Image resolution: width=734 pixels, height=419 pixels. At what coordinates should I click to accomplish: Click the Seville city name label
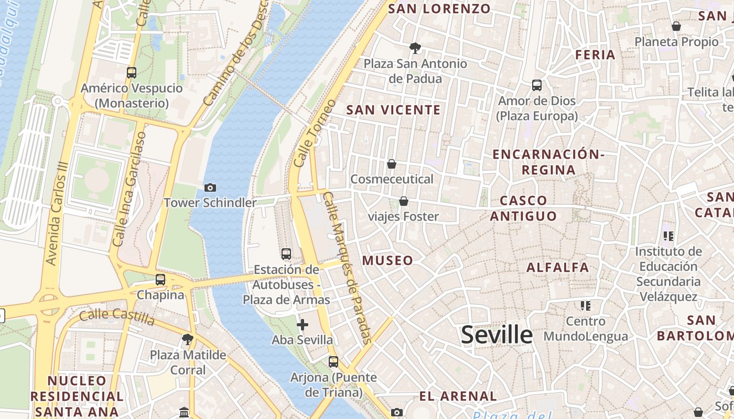pyautogui.click(x=496, y=335)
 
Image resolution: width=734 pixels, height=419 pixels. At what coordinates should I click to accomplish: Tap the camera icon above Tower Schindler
pyautogui.click(x=210, y=188)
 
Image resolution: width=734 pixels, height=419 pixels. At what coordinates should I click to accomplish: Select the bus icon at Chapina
pyautogui.click(x=160, y=280)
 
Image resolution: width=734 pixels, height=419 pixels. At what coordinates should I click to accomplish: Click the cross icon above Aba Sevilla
pyautogui.click(x=302, y=325)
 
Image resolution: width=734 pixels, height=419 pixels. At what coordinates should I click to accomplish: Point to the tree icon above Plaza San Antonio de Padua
pyautogui.click(x=415, y=48)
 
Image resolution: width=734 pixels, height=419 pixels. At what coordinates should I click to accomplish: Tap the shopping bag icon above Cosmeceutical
pyautogui.click(x=392, y=164)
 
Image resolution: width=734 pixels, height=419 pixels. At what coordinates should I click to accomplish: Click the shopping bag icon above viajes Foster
pyautogui.click(x=404, y=201)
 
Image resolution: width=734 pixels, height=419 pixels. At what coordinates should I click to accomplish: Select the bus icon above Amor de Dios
pyautogui.click(x=536, y=85)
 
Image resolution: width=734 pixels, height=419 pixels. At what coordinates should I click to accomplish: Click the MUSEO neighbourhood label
pyautogui.click(x=387, y=260)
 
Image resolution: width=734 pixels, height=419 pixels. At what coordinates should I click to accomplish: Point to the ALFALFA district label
pyautogui.click(x=558, y=268)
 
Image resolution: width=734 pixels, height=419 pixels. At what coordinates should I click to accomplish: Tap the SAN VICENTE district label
pyautogui.click(x=394, y=110)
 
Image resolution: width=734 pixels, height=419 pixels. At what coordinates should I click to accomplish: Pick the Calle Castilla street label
pyautogui.click(x=117, y=317)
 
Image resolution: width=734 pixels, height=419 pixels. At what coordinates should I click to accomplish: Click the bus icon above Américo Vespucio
pyautogui.click(x=132, y=73)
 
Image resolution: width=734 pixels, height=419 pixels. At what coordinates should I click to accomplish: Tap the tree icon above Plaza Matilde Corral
pyautogui.click(x=187, y=339)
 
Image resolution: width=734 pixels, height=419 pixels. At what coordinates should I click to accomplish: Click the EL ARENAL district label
pyautogui.click(x=458, y=396)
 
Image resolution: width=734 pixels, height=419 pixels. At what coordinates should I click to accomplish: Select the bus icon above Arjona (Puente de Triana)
pyautogui.click(x=333, y=361)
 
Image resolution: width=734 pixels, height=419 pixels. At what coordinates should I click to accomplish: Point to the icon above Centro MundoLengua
pyautogui.click(x=585, y=305)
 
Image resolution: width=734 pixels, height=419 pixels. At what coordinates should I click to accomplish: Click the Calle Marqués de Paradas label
pyautogui.click(x=348, y=267)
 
